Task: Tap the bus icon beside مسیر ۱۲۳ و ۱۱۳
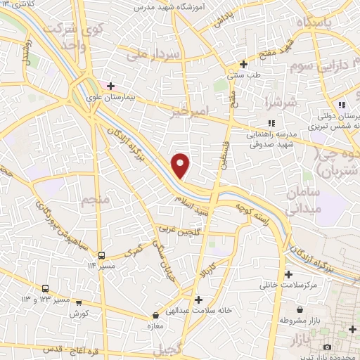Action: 46,288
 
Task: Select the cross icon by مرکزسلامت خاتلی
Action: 288,274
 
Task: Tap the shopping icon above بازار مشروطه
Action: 300,309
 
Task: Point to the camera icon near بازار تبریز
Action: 327,347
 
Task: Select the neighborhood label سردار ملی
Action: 155,54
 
